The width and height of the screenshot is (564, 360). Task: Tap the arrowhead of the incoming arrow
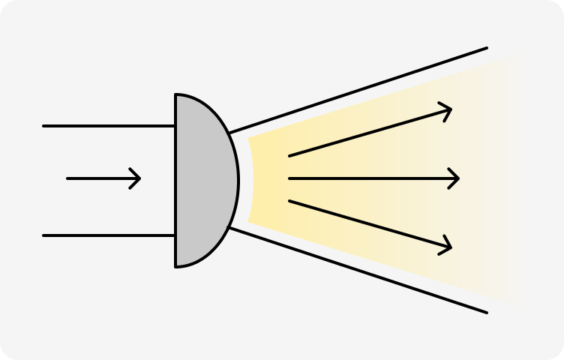pyautogui.click(x=139, y=178)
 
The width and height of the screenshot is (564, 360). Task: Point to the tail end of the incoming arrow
pyautogui.click(x=68, y=178)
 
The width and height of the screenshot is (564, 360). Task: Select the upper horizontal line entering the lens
pyautogui.click(x=109, y=126)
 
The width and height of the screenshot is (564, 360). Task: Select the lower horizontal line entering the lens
pyautogui.click(x=109, y=235)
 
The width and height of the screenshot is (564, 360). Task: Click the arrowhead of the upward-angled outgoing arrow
pyautogui.click(x=450, y=111)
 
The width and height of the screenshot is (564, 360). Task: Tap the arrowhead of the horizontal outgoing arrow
pyautogui.click(x=457, y=178)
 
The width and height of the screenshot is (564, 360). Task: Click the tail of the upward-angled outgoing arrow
pyautogui.click(x=290, y=156)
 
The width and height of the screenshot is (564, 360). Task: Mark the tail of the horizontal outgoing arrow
pyautogui.click(x=290, y=178)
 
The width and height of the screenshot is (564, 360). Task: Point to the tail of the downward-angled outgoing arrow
pyautogui.click(x=290, y=201)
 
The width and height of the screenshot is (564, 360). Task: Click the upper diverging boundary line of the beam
pyautogui.click(x=360, y=90)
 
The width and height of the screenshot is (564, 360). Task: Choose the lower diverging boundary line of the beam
pyautogui.click(x=360, y=269)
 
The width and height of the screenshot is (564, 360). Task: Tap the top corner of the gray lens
pyautogui.click(x=176, y=95)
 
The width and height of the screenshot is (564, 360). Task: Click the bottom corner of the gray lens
pyautogui.click(x=176, y=265)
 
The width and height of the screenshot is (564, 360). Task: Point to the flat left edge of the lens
pyautogui.click(x=175, y=180)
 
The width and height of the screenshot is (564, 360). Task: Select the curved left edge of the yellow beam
pyautogui.click(x=253, y=180)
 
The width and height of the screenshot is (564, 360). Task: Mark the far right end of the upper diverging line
pyautogui.click(x=487, y=49)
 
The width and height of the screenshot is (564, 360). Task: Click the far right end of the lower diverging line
pyautogui.click(x=487, y=312)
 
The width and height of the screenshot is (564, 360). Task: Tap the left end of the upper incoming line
pyautogui.click(x=44, y=126)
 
